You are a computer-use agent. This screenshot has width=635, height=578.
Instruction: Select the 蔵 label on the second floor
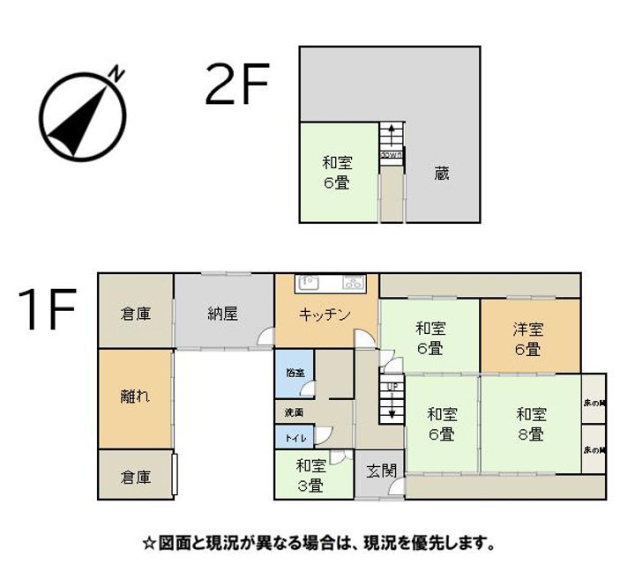coord(442,174)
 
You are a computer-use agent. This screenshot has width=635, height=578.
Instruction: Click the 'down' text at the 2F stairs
coord(392,155)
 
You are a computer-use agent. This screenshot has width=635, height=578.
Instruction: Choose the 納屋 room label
coord(223,313)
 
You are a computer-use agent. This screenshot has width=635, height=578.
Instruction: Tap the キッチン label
coord(325,315)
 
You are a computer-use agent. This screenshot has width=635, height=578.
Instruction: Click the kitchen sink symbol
coord(308,283)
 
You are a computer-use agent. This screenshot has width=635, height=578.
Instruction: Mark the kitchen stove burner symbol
coord(354,283)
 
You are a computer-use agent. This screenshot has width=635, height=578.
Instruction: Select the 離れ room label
coord(135,396)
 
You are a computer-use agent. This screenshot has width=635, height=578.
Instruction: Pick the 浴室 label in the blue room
coord(295,372)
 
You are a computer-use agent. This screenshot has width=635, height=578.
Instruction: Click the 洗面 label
coord(294,411)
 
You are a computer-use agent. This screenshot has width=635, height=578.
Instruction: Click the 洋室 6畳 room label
coord(528,339)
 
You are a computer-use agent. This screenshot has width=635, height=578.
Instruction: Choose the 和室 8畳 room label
coord(530,424)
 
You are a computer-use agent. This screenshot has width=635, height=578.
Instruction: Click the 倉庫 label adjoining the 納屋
coord(135,313)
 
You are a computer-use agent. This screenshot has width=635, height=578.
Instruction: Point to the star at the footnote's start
coord(148,543)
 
